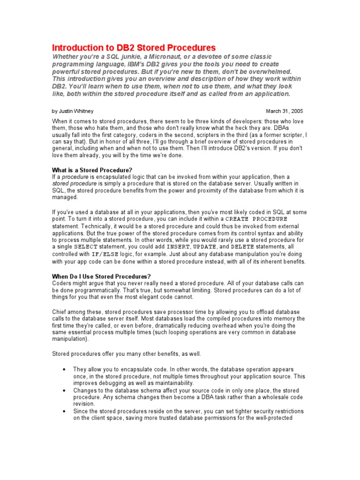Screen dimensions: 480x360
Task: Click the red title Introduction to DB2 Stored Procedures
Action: click(134, 48)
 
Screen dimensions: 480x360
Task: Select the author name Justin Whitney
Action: click(74, 112)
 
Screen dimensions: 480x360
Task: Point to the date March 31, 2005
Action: click(285, 112)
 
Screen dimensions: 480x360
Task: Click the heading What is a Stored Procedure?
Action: click(94, 170)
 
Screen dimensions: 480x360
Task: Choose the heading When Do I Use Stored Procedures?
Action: click(101, 276)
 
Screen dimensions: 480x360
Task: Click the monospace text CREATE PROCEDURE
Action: click(256, 219)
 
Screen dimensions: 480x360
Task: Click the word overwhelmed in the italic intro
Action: click(269, 71)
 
